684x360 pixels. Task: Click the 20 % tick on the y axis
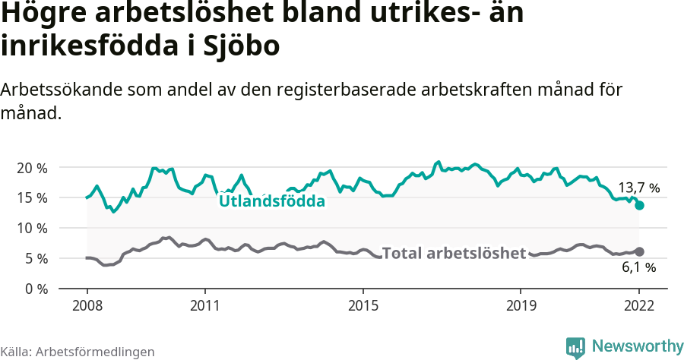click(x=32, y=167)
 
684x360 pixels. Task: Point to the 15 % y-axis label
click(x=32, y=197)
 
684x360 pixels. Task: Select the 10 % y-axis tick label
click(x=32, y=228)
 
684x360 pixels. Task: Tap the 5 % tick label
click(x=35, y=258)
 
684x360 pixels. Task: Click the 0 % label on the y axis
click(x=35, y=289)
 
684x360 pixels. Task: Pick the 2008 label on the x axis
click(x=87, y=306)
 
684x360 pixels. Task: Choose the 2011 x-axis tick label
click(x=205, y=306)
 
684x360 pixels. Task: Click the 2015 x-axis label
click(x=363, y=306)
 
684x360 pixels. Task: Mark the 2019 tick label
click(x=521, y=306)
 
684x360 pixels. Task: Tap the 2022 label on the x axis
click(x=639, y=306)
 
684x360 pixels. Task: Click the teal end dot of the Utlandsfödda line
click(x=639, y=205)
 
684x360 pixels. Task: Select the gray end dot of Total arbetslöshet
click(x=639, y=251)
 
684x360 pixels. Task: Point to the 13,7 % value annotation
click(x=638, y=187)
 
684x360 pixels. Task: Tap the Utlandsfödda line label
click(x=271, y=201)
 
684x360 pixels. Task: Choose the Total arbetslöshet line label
click(x=454, y=253)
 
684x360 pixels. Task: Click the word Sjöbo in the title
click(x=242, y=46)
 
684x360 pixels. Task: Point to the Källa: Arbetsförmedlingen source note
click(x=78, y=352)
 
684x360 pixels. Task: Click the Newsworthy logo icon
click(x=575, y=347)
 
